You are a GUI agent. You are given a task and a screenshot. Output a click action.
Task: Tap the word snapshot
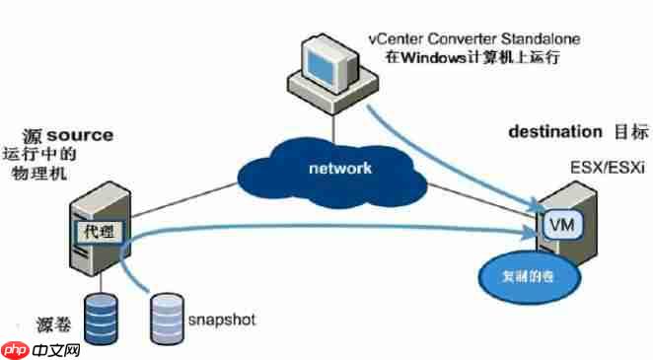click(x=223, y=321)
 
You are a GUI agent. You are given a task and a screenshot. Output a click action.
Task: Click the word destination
click(x=553, y=130)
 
